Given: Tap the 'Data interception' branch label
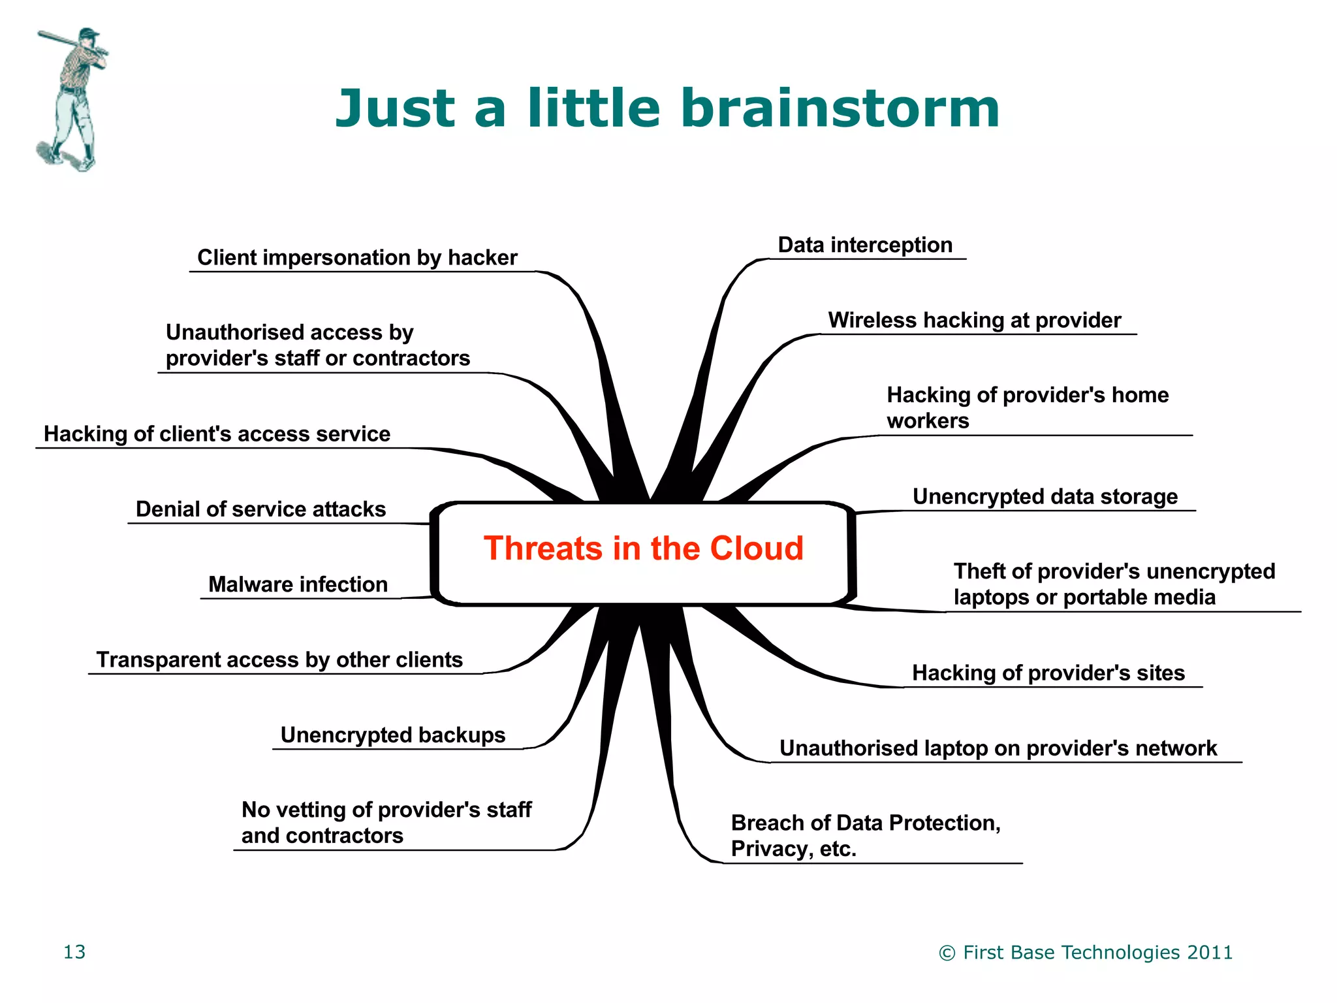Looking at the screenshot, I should click(x=865, y=246).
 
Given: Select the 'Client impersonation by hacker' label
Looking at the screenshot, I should click(x=357, y=258).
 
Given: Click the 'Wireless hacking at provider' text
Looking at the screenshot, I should click(x=974, y=321).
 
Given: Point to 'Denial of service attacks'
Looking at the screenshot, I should click(x=260, y=509).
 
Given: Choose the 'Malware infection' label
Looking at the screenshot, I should click(x=298, y=584).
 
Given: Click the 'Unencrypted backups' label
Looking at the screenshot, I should click(x=392, y=735).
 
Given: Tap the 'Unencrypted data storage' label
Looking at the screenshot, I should click(x=1045, y=497).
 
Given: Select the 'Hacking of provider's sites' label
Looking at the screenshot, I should click(x=1048, y=673).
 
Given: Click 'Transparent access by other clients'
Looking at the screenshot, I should click(x=279, y=660).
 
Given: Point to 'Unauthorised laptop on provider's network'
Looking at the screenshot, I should click(x=998, y=748).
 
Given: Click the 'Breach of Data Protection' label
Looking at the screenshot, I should click(x=865, y=823).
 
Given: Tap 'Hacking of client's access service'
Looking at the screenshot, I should click(x=217, y=434).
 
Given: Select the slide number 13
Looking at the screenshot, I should click(x=74, y=952).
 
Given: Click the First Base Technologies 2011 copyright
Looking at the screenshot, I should click(x=1085, y=953).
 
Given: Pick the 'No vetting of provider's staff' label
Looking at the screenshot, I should click(x=386, y=810).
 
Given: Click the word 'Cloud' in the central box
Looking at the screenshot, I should click(x=757, y=549).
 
